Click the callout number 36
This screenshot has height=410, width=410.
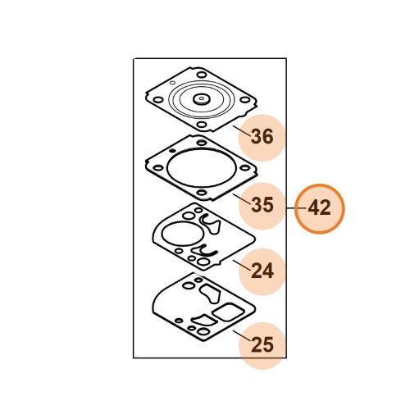coord(262,136)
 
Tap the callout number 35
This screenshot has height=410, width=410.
coord(262,205)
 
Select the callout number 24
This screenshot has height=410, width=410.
coord(262,271)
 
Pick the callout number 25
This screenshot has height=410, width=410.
coord(262,344)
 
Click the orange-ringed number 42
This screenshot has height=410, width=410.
coord(319,208)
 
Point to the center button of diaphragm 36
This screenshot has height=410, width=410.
coord(202,99)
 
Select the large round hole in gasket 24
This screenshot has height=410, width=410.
coord(183,234)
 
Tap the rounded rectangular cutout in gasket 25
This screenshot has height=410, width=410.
coord(228,312)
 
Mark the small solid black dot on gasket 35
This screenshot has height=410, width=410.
coord(172,151)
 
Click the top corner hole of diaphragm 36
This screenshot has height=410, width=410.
coord(202,75)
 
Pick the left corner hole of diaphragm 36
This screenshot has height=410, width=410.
coord(158,99)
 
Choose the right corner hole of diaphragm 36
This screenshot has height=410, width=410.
coord(244,99)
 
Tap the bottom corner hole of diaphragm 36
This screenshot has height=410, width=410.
coord(202,125)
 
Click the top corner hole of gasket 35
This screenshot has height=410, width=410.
coord(202,142)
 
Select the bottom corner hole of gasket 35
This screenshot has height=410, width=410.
coord(202,193)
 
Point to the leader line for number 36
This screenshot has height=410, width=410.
coord(242,130)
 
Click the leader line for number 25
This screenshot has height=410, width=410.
coord(242,335)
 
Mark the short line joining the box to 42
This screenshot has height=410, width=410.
coord(296,208)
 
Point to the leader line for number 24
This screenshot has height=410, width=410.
coord(242,265)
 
